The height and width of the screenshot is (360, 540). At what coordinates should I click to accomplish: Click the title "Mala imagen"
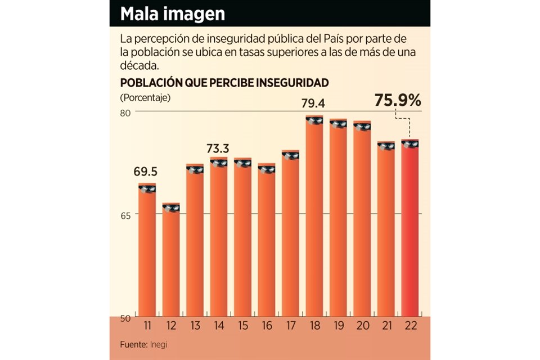click(x=173, y=14)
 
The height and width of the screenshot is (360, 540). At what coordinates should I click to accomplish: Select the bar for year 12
click(x=171, y=262)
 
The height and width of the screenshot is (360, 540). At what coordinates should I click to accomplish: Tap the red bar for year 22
click(x=410, y=231)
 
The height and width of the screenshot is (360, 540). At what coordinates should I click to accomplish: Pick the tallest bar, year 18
click(x=314, y=219)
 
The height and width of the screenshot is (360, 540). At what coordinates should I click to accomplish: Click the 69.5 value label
click(x=145, y=172)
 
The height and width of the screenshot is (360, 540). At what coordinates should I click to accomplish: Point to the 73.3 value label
click(x=218, y=148)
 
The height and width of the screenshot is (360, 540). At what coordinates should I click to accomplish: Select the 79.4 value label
click(x=314, y=104)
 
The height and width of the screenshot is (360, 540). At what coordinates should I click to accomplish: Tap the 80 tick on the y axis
click(x=127, y=112)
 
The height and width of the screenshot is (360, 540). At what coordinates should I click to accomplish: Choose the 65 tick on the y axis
click(x=127, y=215)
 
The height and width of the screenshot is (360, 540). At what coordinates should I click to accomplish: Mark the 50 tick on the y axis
click(x=127, y=317)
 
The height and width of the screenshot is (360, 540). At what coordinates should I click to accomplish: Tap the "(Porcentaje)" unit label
click(x=145, y=97)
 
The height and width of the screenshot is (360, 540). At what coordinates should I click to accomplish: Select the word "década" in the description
click(x=137, y=65)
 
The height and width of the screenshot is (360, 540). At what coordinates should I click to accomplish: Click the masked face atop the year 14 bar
click(x=219, y=163)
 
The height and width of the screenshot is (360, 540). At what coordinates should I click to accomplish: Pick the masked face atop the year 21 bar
click(x=386, y=146)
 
